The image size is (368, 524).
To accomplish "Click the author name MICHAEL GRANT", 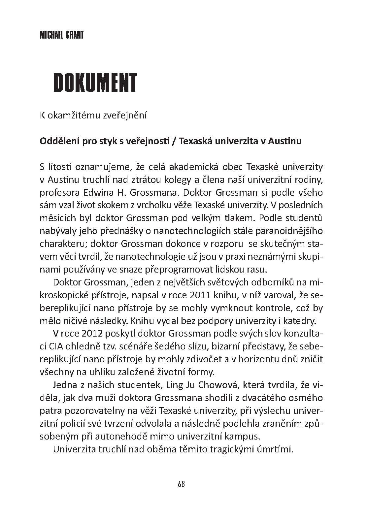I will (x=61, y=35).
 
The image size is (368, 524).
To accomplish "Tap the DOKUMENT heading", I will (x=95, y=82).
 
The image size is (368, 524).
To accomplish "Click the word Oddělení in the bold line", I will (x=54, y=141).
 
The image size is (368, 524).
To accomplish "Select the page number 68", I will (x=181, y=484).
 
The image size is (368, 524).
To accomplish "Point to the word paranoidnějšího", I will (x=285, y=231).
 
